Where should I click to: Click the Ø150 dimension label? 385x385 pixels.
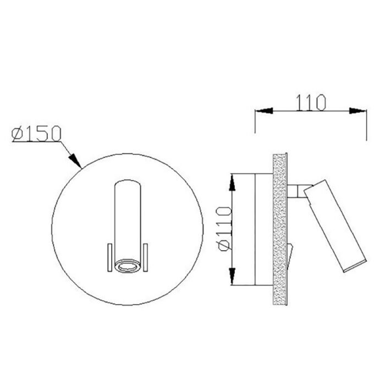[x=36, y=134]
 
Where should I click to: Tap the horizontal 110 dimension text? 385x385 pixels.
[x=311, y=102]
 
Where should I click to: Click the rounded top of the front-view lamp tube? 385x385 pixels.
[x=128, y=183]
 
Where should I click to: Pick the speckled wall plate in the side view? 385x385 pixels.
[x=280, y=228]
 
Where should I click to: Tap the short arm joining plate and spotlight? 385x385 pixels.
[x=296, y=191]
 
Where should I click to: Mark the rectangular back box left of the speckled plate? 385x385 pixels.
[x=264, y=229]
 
